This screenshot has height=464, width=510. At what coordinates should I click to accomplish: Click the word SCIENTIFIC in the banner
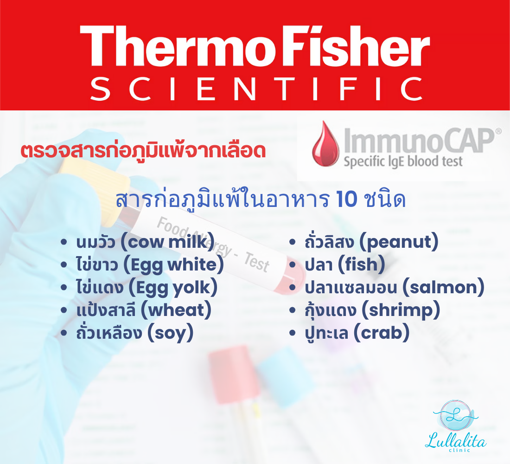[x=257, y=89]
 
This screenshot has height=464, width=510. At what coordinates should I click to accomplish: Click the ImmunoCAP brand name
[x=419, y=141]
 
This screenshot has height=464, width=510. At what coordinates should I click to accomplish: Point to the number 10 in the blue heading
[x=347, y=199]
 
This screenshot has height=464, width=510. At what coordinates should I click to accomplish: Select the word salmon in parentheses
[x=444, y=288]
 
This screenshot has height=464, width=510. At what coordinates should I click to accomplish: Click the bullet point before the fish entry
[x=292, y=265]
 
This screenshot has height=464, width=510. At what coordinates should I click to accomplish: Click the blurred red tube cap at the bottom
[x=233, y=374]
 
